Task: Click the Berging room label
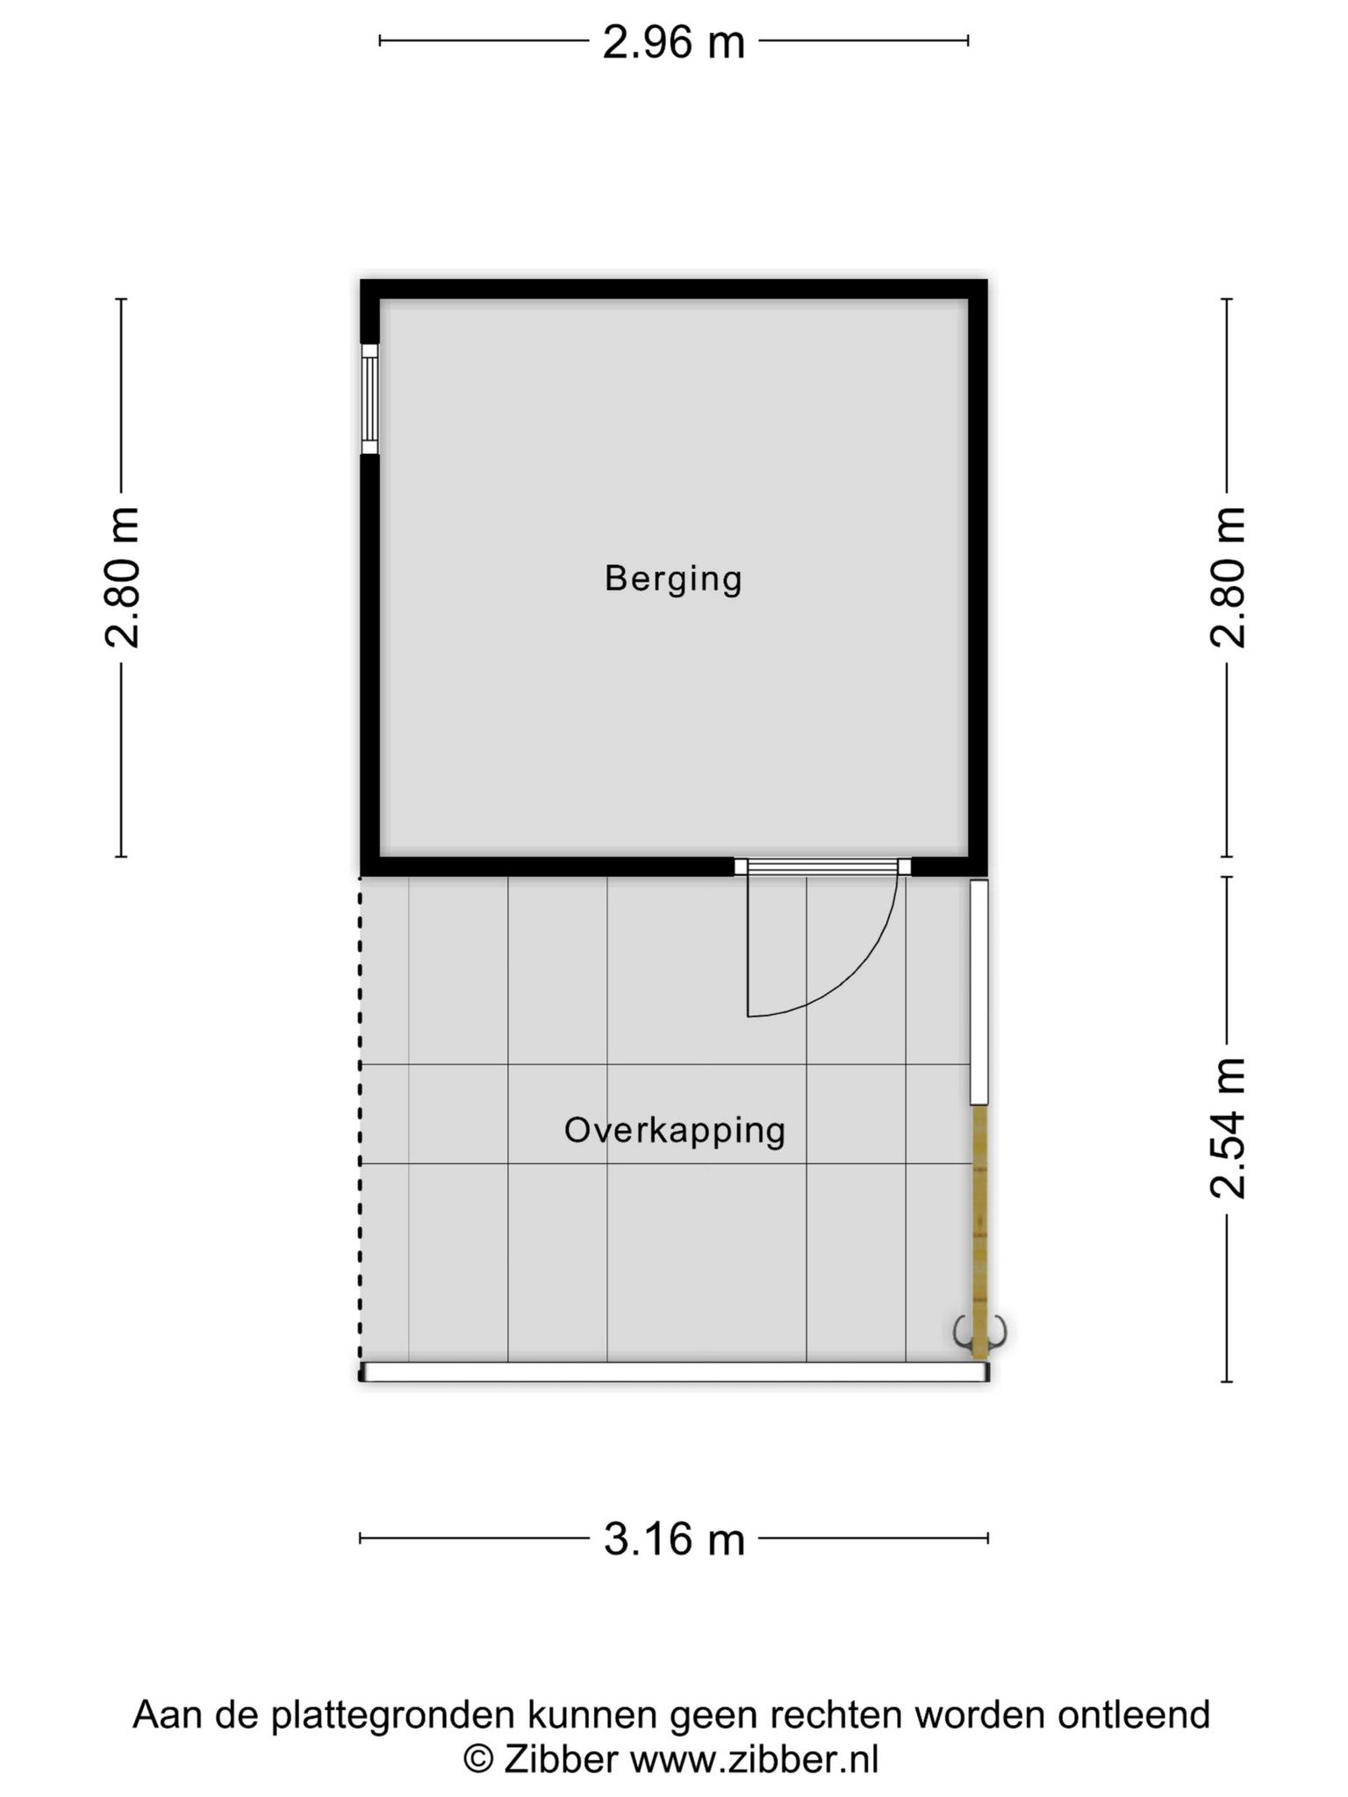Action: tap(673, 579)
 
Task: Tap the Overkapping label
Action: tap(674, 1130)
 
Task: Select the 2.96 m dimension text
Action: tap(673, 41)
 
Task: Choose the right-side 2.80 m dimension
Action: tap(1228, 577)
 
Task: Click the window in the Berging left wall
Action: tap(369, 399)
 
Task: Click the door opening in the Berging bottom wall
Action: tap(822, 867)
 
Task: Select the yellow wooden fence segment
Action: tap(979, 1231)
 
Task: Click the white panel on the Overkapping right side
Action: tap(979, 992)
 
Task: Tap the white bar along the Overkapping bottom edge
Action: tap(674, 1371)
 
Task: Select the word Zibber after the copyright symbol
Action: tap(560, 1759)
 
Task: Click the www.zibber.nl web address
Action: tap(755, 1759)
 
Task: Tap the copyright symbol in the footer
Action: tap(478, 1760)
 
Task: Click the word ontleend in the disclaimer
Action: tap(1134, 1715)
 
